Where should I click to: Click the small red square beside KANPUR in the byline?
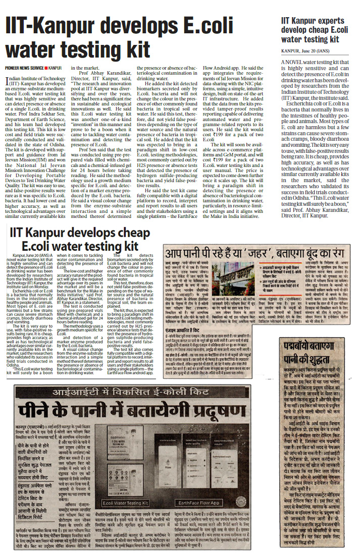pyautogui.click(x=46, y=67)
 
